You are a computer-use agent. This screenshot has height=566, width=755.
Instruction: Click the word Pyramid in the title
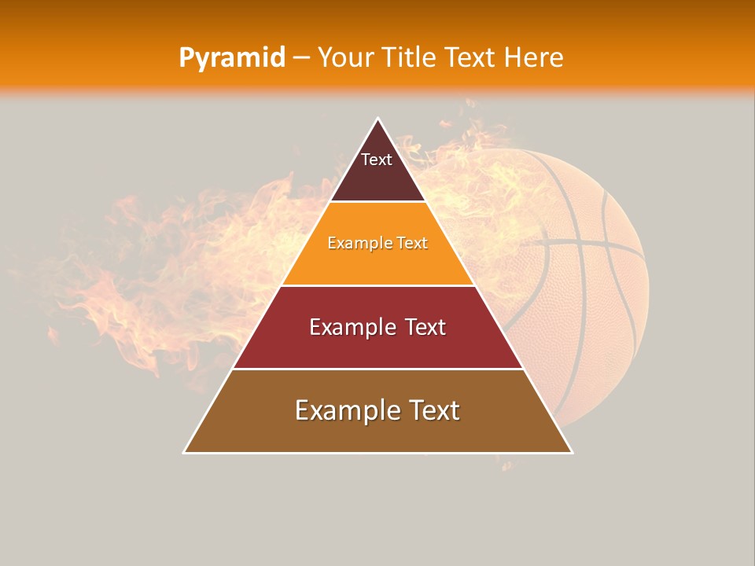coord(231,58)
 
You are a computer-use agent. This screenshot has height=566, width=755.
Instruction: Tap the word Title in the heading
coord(408,58)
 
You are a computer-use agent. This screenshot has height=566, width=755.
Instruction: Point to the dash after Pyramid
coord(300,58)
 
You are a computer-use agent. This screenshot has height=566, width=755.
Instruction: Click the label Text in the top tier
coord(377,160)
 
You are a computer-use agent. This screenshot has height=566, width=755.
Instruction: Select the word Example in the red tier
coord(348,327)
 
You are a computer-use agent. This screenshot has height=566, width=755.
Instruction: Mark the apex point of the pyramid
coord(378,119)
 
